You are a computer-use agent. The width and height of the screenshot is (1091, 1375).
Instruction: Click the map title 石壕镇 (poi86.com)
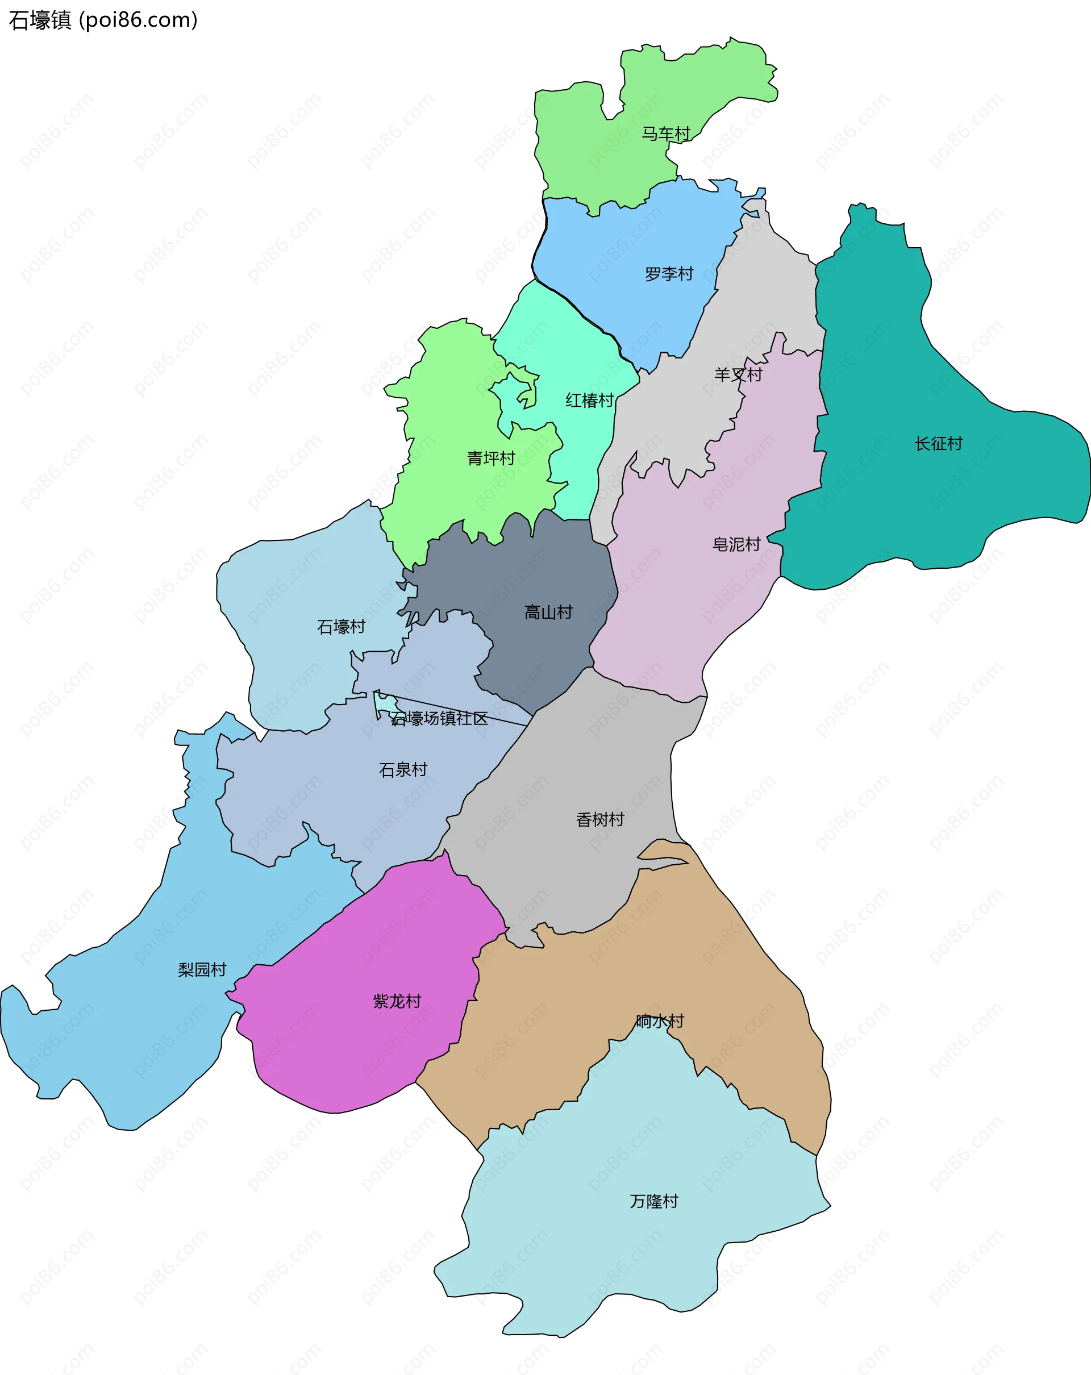click(x=103, y=20)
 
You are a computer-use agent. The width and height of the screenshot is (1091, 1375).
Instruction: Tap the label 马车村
click(x=666, y=134)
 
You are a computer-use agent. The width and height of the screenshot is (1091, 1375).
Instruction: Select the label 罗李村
click(x=669, y=274)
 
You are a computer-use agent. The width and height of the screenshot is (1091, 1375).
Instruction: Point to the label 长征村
click(x=938, y=443)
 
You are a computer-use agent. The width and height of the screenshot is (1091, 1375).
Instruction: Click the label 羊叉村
click(x=738, y=374)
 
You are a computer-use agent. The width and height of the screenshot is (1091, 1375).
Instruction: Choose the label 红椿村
click(x=589, y=401)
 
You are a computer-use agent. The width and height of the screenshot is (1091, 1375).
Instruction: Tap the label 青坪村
click(x=490, y=458)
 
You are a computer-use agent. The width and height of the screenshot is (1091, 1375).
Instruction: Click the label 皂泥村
click(x=736, y=544)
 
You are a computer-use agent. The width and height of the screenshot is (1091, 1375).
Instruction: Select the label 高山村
click(x=548, y=612)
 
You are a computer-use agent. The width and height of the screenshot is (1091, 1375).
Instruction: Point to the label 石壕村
click(x=341, y=627)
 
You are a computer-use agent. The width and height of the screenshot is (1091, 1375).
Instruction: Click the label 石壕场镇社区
click(x=439, y=719)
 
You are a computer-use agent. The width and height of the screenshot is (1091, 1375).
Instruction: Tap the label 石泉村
click(x=403, y=770)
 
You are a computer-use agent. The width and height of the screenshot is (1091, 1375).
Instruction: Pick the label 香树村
click(x=599, y=819)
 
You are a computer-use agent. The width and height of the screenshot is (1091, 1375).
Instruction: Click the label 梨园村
click(x=202, y=969)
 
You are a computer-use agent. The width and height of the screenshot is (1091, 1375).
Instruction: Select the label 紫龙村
click(x=397, y=1001)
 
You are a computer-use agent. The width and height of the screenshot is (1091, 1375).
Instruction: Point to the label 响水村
click(x=659, y=1021)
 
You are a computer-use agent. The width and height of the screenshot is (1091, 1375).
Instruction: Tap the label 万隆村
click(x=653, y=1201)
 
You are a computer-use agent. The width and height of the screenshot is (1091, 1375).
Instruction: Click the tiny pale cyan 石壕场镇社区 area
click(x=385, y=704)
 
